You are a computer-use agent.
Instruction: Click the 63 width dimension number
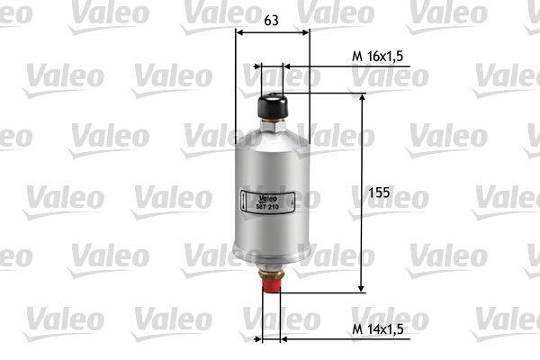pyautogui.click(x=271, y=21)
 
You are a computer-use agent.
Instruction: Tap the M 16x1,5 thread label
pyautogui.click(x=377, y=56)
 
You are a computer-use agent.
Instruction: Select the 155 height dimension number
pyautogui.click(x=379, y=193)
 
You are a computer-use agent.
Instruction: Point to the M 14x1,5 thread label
pyautogui.click(x=377, y=328)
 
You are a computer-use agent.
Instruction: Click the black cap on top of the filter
pyautogui.click(x=273, y=106)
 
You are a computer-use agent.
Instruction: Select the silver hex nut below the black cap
pyautogui.click(x=272, y=126)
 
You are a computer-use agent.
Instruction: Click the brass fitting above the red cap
pyautogui.click(x=272, y=274)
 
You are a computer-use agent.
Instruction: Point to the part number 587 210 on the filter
pyautogui.click(x=267, y=207)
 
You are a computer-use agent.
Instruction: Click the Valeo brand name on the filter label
pyautogui.click(x=268, y=199)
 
